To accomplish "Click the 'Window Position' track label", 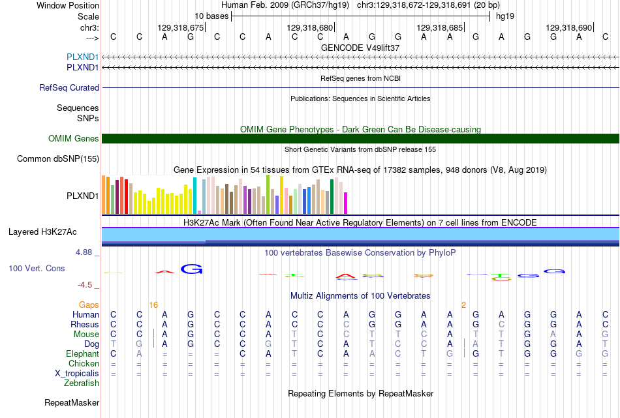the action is (68, 5).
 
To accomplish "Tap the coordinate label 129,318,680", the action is (310, 27).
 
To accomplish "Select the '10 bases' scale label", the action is (211, 16).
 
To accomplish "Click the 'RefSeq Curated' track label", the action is (69, 88).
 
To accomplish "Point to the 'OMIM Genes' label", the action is (74, 138).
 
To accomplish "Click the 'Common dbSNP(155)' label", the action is (58, 159).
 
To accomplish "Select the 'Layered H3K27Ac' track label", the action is (42, 232).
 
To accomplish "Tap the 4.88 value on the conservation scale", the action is (84, 252).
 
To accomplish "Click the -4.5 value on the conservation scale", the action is (85, 285).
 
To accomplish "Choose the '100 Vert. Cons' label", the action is (37, 268).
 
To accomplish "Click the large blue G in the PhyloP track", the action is (191, 269).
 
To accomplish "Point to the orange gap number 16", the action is (153, 305).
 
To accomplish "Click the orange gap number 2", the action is (463, 305).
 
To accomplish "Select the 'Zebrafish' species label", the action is (82, 383).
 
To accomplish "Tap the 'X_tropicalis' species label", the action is (77, 374).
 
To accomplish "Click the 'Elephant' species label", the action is (83, 353).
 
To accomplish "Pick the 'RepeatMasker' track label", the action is (72, 402).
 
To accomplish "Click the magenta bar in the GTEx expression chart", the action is (346, 203).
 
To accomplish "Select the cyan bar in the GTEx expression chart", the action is (194, 196).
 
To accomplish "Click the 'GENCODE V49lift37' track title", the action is (360, 48).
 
